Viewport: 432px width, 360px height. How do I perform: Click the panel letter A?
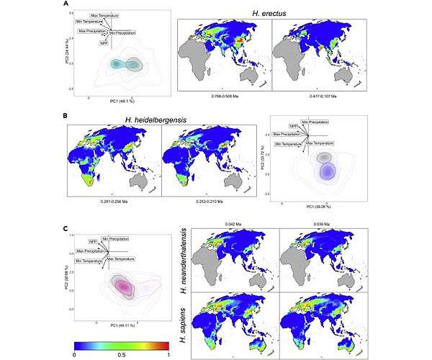click(x=66, y=5)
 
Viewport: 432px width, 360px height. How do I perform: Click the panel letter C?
click(x=66, y=230)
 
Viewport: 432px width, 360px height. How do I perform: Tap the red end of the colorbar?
click(x=164, y=342)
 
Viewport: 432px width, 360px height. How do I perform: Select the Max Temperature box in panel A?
click(x=105, y=14)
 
